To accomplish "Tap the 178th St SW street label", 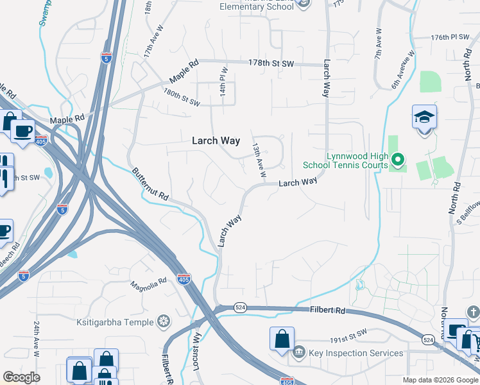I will [271, 63].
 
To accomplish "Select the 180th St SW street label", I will [182, 98].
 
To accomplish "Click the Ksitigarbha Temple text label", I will [116, 321].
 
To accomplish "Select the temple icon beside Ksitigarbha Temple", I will [165, 321].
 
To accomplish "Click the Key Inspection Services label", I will [356, 353].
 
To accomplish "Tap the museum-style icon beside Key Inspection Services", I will [299, 352].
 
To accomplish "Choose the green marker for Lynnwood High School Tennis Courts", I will [397, 158].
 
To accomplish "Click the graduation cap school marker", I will [424, 118].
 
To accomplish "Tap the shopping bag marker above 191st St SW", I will [282, 339].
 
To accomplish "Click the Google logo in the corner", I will [22, 377].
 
